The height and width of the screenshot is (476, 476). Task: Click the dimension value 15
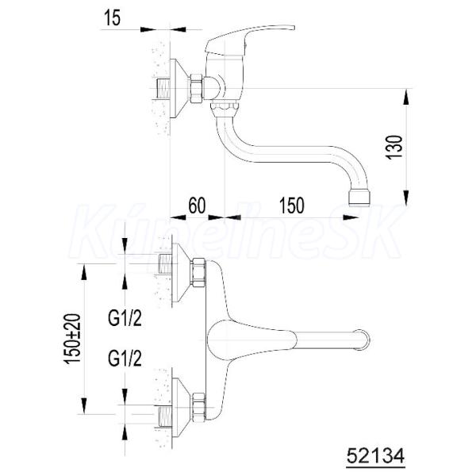[113, 17]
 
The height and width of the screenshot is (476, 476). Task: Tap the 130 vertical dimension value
[393, 147]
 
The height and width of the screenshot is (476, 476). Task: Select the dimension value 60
[197, 205]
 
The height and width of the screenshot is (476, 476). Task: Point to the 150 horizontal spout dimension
[291, 205]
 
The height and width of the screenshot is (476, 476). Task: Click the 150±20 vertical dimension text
[72, 339]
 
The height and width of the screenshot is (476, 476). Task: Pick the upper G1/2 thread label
[125, 318]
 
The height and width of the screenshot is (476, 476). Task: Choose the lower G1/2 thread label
[125, 359]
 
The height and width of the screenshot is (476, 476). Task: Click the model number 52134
[375, 455]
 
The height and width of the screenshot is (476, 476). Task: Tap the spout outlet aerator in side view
[359, 198]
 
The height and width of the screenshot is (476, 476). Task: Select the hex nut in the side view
[197, 88]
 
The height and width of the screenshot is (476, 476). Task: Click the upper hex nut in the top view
[198, 272]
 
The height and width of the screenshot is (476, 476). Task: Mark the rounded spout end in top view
[364, 340]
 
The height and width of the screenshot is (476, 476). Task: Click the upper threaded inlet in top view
[166, 263]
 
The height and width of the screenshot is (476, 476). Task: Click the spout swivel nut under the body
[225, 109]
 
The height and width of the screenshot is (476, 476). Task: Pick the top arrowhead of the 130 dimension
[406, 97]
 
